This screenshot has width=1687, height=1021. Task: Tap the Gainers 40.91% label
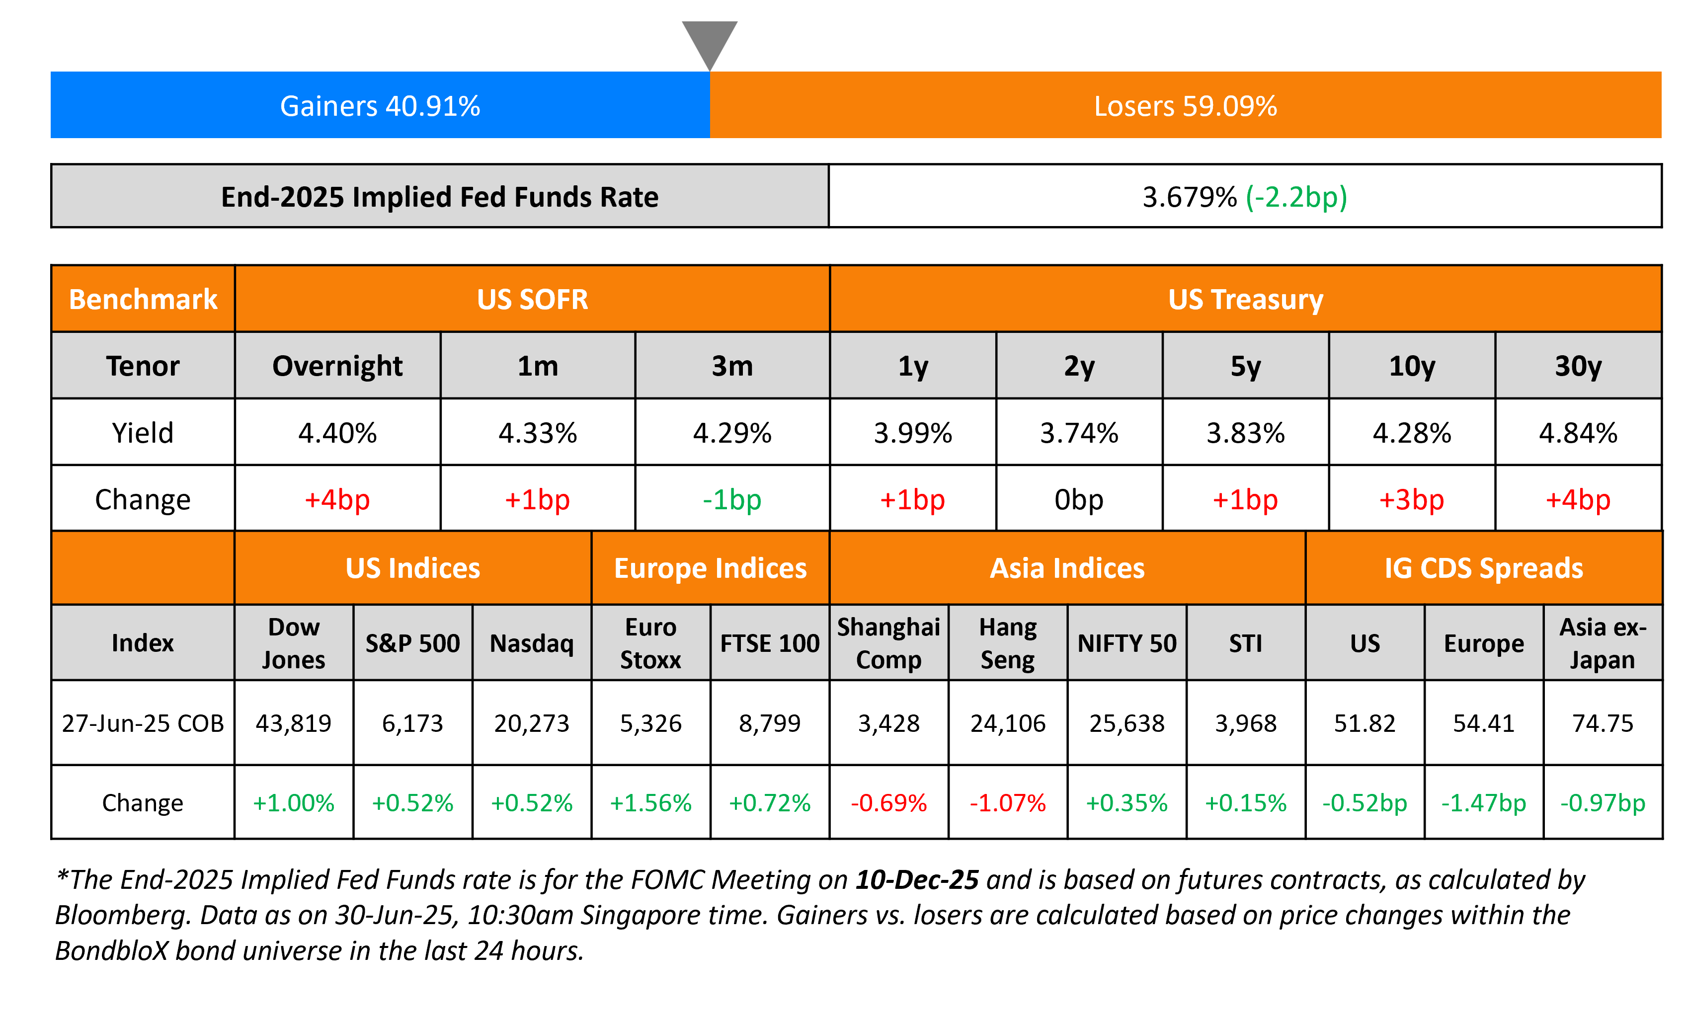pyautogui.click(x=380, y=106)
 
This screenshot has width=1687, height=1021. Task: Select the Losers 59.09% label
pyautogui.click(x=1185, y=106)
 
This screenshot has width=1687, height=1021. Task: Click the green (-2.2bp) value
pyautogui.click(x=1296, y=197)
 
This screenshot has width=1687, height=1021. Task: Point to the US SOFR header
pyautogui.click(x=532, y=299)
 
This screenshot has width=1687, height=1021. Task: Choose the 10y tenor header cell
pyautogui.click(x=1411, y=366)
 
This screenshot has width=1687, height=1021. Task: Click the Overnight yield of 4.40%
pyautogui.click(x=337, y=433)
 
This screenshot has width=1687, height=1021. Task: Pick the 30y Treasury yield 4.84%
pyautogui.click(x=1578, y=433)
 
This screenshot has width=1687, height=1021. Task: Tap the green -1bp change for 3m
pyautogui.click(x=731, y=500)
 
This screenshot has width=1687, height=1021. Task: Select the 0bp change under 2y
pyautogui.click(x=1078, y=500)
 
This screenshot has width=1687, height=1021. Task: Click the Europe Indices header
pyautogui.click(x=710, y=568)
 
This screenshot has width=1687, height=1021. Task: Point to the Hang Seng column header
pyautogui.click(x=1007, y=643)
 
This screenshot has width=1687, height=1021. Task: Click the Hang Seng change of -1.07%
pyautogui.click(x=1007, y=802)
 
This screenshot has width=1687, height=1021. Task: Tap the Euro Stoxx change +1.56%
pyautogui.click(x=650, y=802)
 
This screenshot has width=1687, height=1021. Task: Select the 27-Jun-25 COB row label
pyautogui.click(x=143, y=723)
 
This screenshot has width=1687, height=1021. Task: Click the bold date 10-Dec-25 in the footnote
pyautogui.click(x=917, y=880)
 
